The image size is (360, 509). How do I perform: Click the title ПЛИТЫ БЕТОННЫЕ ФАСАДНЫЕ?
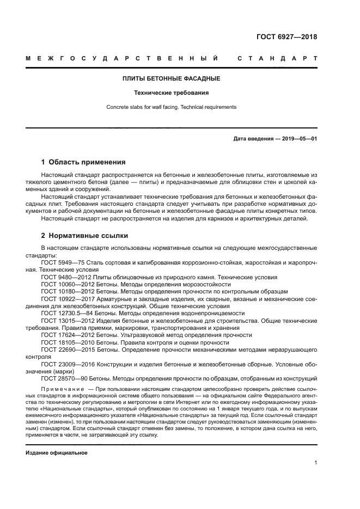tap(172, 78)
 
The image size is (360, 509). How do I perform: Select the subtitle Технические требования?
tap(172, 93)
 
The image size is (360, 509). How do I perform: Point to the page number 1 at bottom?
tap(315, 463)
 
